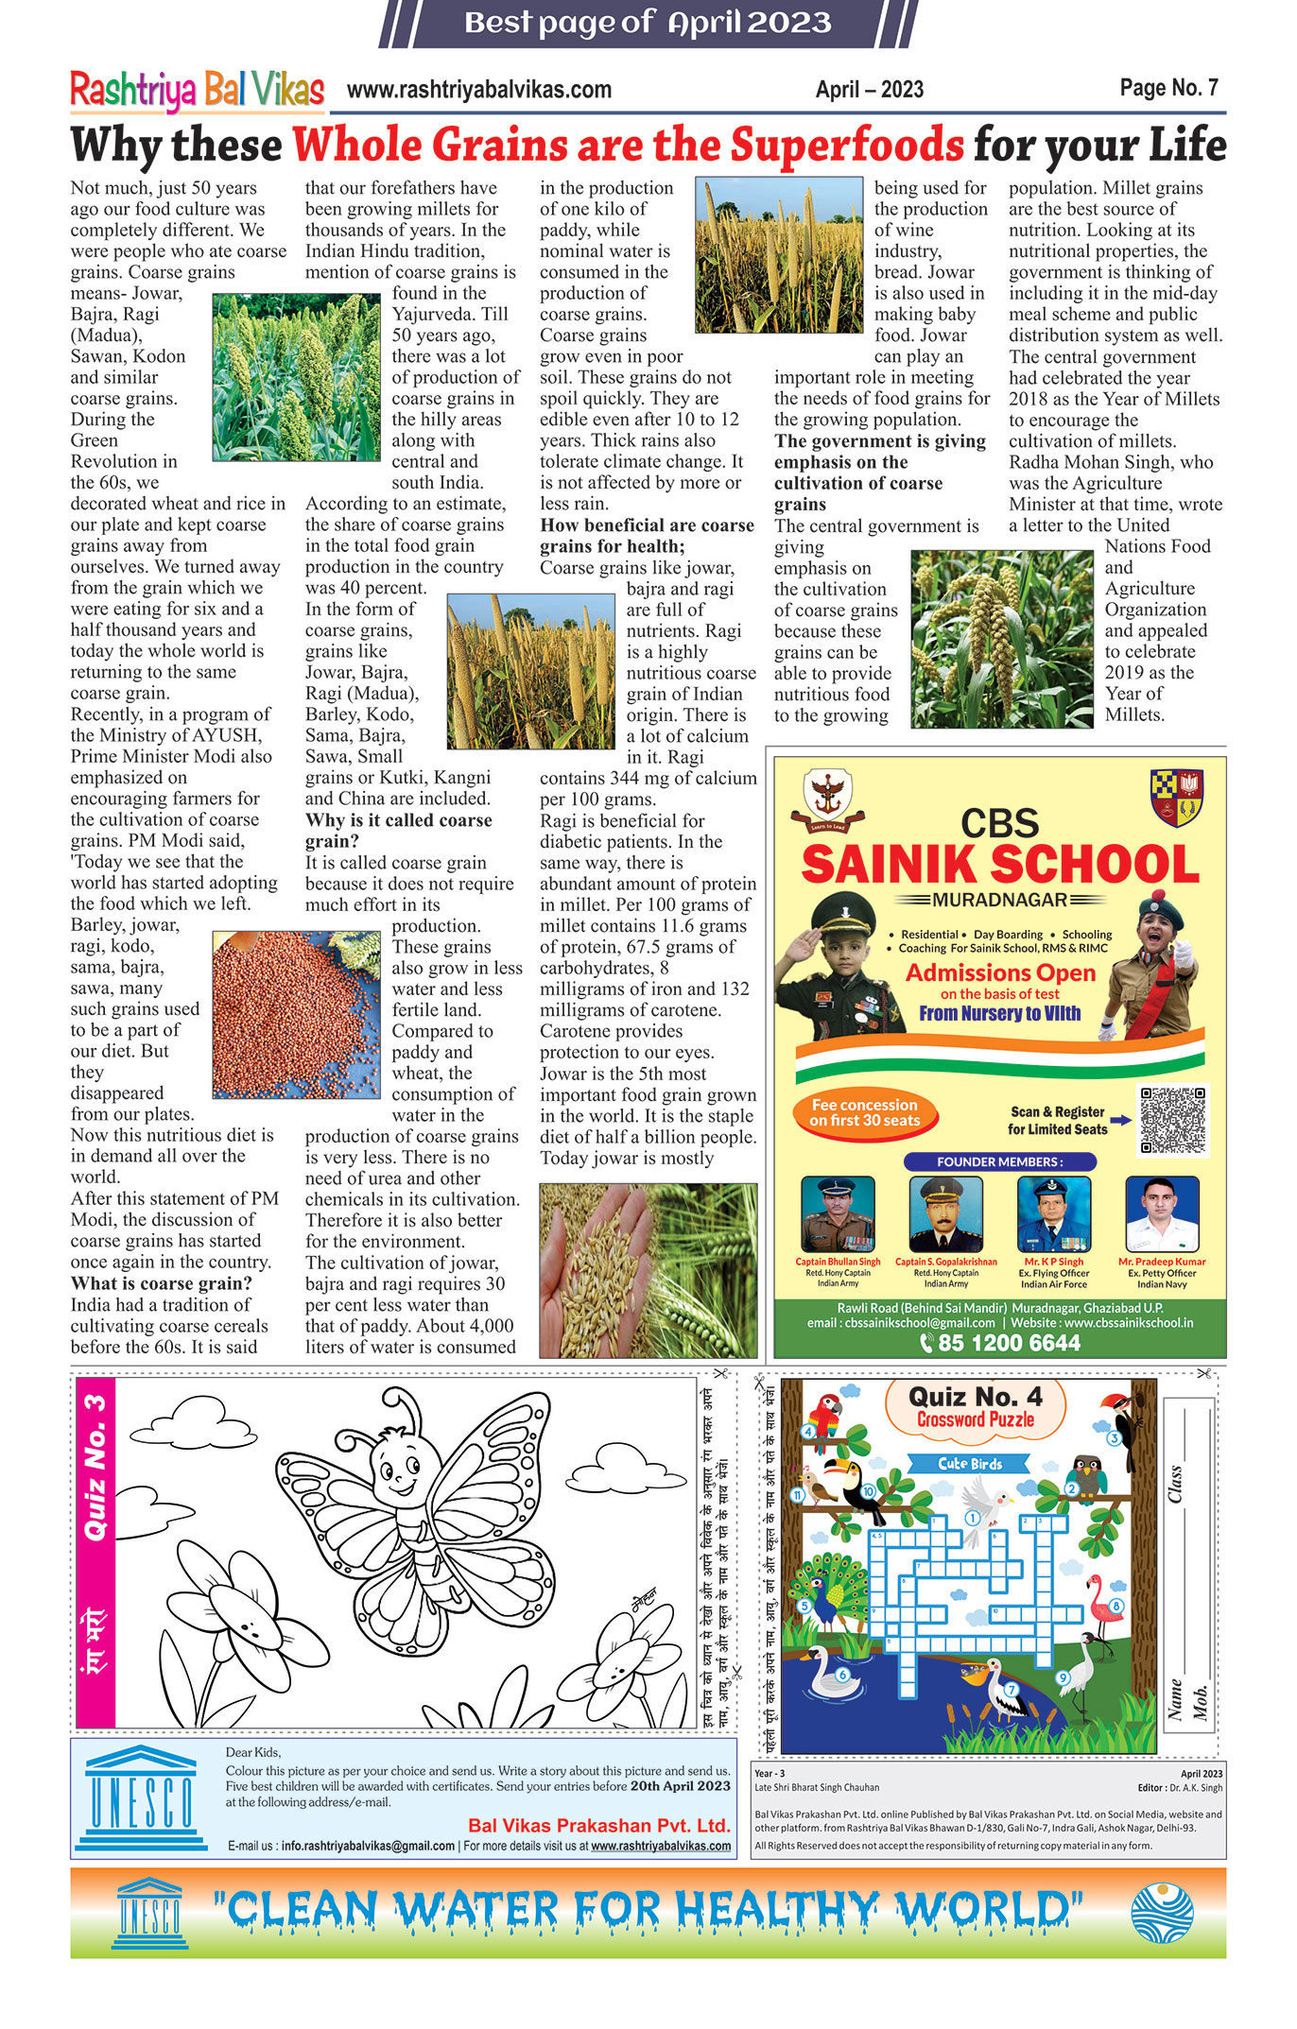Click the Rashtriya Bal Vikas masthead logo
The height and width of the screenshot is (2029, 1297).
point(197,91)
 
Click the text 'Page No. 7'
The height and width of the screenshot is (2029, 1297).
point(1168,88)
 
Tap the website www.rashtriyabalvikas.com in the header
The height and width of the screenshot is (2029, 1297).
point(479,91)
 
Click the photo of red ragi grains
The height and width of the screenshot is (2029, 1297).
point(296,1014)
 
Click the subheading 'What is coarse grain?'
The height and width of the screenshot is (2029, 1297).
point(162,1283)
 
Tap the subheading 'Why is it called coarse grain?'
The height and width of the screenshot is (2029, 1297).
point(398,830)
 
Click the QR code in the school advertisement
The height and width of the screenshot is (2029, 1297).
point(1173,1120)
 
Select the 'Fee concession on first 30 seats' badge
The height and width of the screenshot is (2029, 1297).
point(864,1112)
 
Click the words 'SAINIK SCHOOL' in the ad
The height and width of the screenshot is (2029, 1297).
point(1000,864)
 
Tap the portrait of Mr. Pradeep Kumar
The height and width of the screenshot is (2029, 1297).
point(1162,1214)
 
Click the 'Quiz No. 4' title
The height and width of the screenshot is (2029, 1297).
point(975,1397)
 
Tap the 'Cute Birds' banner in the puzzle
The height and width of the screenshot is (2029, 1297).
point(970,1464)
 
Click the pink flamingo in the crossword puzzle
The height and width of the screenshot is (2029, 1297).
point(1102,1606)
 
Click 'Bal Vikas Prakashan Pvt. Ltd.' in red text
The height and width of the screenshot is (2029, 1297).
point(599,1825)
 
